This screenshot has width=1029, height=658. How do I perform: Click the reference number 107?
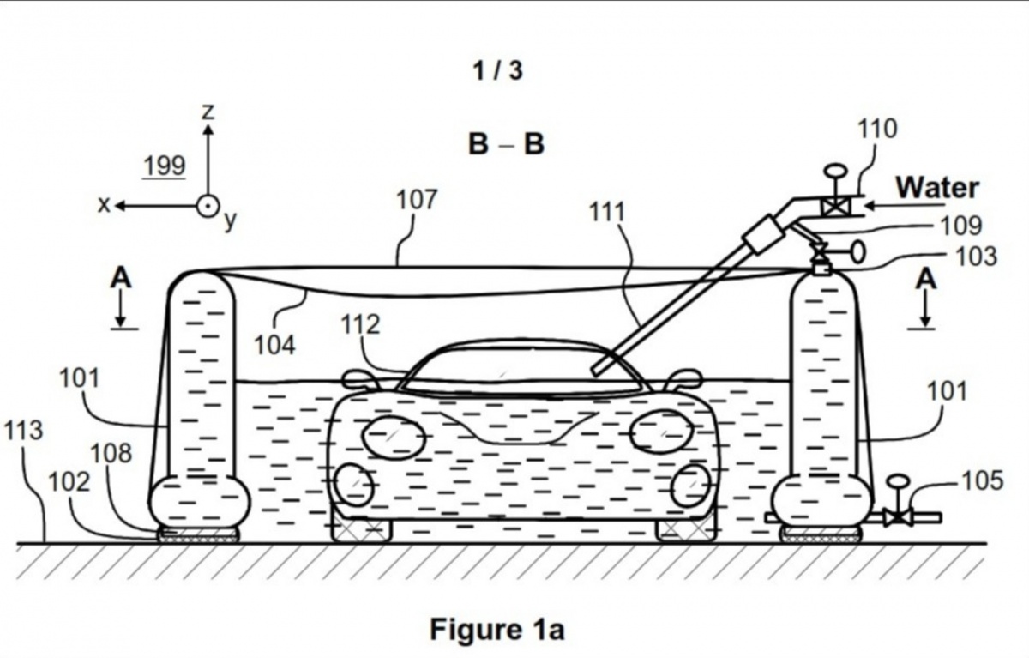tap(416, 200)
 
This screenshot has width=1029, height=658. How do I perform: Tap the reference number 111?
tap(607, 212)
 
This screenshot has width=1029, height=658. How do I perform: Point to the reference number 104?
tap(274, 345)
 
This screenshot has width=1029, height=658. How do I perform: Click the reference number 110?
tap(877, 129)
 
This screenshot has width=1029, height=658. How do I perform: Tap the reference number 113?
tap(22, 430)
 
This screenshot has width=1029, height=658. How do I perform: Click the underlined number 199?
tap(164, 166)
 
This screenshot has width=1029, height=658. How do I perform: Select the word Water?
tap(937, 187)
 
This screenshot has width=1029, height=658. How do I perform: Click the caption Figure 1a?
tap(497, 631)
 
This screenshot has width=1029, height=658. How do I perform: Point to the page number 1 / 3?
tap(497, 70)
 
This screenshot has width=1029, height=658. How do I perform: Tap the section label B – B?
tap(506, 144)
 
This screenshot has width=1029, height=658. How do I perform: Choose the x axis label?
tap(105, 204)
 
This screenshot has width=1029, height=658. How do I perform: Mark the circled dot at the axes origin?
tap(208, 206)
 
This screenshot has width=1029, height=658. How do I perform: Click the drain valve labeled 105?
tap(898, 516)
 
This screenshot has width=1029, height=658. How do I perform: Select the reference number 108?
tap(111, 453)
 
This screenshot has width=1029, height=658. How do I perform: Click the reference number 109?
tap(960, 226)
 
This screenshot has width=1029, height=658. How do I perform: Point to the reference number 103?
tap(977, 255)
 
